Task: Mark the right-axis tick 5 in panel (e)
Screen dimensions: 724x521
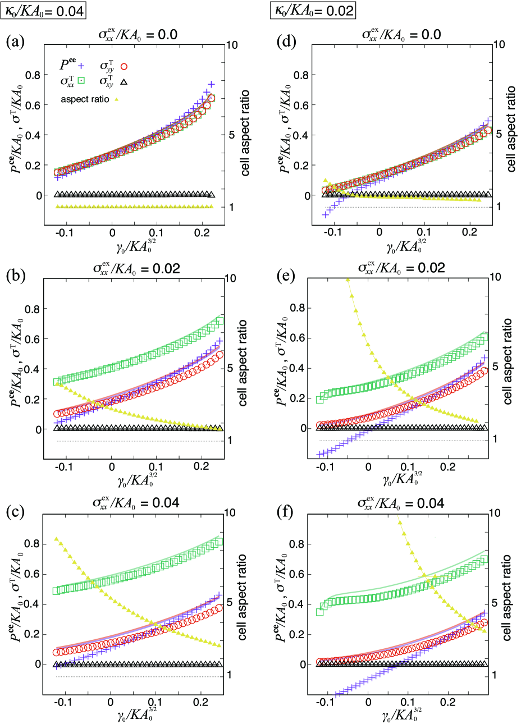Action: point(495,366)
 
